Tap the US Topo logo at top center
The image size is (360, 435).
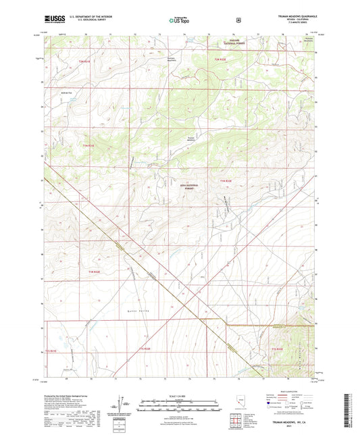[x=179, y=20]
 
